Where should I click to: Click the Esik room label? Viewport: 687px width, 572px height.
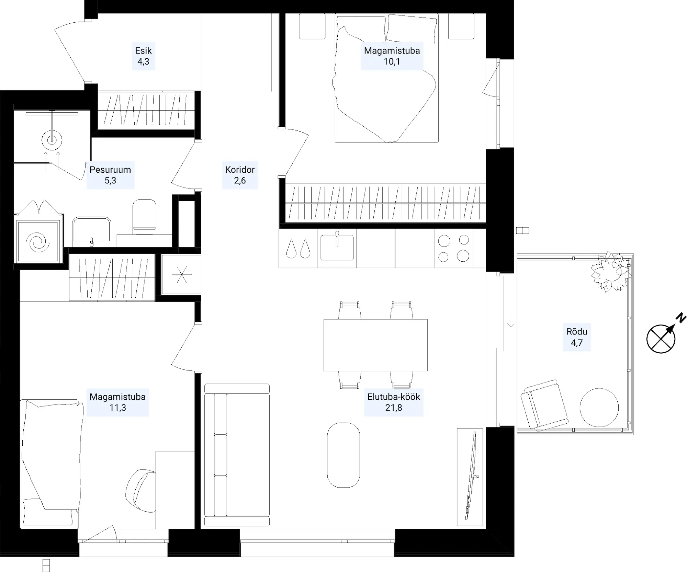click(143, 51)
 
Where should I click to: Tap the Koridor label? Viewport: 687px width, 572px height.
click(240, 170)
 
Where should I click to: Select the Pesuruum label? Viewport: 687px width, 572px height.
click(110, 170)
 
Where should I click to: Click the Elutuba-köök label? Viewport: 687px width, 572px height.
click(394, 397)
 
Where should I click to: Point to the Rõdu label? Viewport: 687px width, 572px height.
click(577, 332)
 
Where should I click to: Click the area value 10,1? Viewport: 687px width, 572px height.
click(392, 62)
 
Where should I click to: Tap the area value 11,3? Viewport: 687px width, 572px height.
click(117, 408)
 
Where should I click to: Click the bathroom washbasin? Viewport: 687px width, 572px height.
click(92, 232)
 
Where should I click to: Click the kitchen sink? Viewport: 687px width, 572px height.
click(337, 247)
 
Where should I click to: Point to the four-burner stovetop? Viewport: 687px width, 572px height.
click(453, 248)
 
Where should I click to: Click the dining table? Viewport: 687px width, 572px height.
click(375, 345)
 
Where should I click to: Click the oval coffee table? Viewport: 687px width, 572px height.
click(343, 455)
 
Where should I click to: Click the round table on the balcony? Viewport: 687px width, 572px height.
click(599, 408)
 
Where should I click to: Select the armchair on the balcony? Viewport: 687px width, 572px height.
click(544, 404)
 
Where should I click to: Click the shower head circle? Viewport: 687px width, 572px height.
click(52, 140)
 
